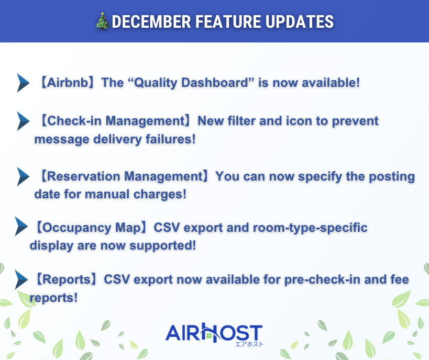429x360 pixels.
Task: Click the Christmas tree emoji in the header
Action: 103,21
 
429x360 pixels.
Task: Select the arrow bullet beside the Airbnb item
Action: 23,83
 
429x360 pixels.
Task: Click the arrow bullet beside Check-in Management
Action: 23,121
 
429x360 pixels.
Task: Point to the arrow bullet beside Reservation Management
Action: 23,176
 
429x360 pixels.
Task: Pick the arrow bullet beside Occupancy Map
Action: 21,227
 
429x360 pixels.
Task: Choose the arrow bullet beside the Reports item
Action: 21,280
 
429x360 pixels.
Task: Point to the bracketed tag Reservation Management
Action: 125,176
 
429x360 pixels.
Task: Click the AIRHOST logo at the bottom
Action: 214,333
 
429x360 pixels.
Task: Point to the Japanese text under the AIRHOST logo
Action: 248,344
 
